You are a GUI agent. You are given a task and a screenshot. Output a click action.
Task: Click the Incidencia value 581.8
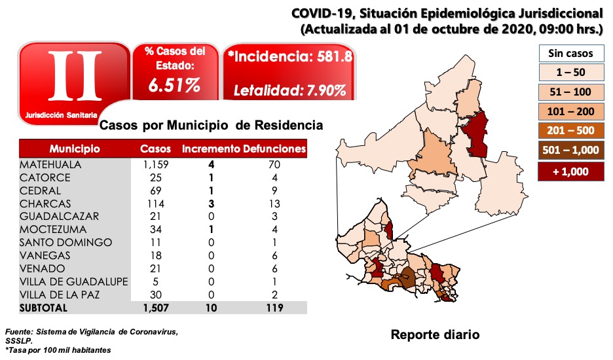pos(332,57)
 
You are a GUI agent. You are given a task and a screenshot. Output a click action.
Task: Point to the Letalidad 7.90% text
pos(289,90)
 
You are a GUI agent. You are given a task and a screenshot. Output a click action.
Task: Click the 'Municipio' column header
pos(74,149)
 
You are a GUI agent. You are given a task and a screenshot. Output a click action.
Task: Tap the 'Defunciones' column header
pos(274,149)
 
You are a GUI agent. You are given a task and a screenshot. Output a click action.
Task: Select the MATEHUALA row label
pos(50,164)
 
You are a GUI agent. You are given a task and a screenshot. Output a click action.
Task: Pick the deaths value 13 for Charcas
pos(274,203)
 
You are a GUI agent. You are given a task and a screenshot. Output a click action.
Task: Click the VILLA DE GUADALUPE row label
pos(65,281)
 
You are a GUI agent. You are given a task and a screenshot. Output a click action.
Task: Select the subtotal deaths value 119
pos(274,307)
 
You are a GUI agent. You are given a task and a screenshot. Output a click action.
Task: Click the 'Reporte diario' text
pos(435,335)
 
